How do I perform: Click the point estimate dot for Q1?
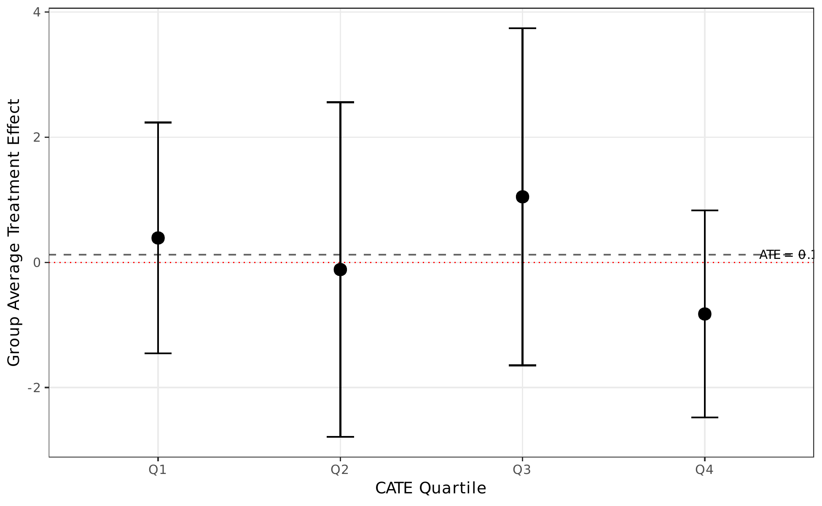158,238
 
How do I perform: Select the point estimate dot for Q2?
340,269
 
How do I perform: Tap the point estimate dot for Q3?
522,196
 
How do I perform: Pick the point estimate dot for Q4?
704,314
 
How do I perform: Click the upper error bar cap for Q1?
158,122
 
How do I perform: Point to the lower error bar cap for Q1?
158,353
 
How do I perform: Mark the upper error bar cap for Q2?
340,102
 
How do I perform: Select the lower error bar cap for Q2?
340,437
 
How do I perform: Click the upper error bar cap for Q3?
522,28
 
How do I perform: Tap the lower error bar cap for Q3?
522,365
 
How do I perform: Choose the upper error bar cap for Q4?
704,210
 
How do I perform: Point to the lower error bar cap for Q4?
704,417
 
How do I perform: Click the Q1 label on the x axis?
158,470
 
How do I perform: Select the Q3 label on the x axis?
522,470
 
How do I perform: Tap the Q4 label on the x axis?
704,470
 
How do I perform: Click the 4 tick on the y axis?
37,12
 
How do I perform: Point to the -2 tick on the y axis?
35,388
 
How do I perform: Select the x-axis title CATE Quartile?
431,488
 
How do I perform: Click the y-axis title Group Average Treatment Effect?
14,233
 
